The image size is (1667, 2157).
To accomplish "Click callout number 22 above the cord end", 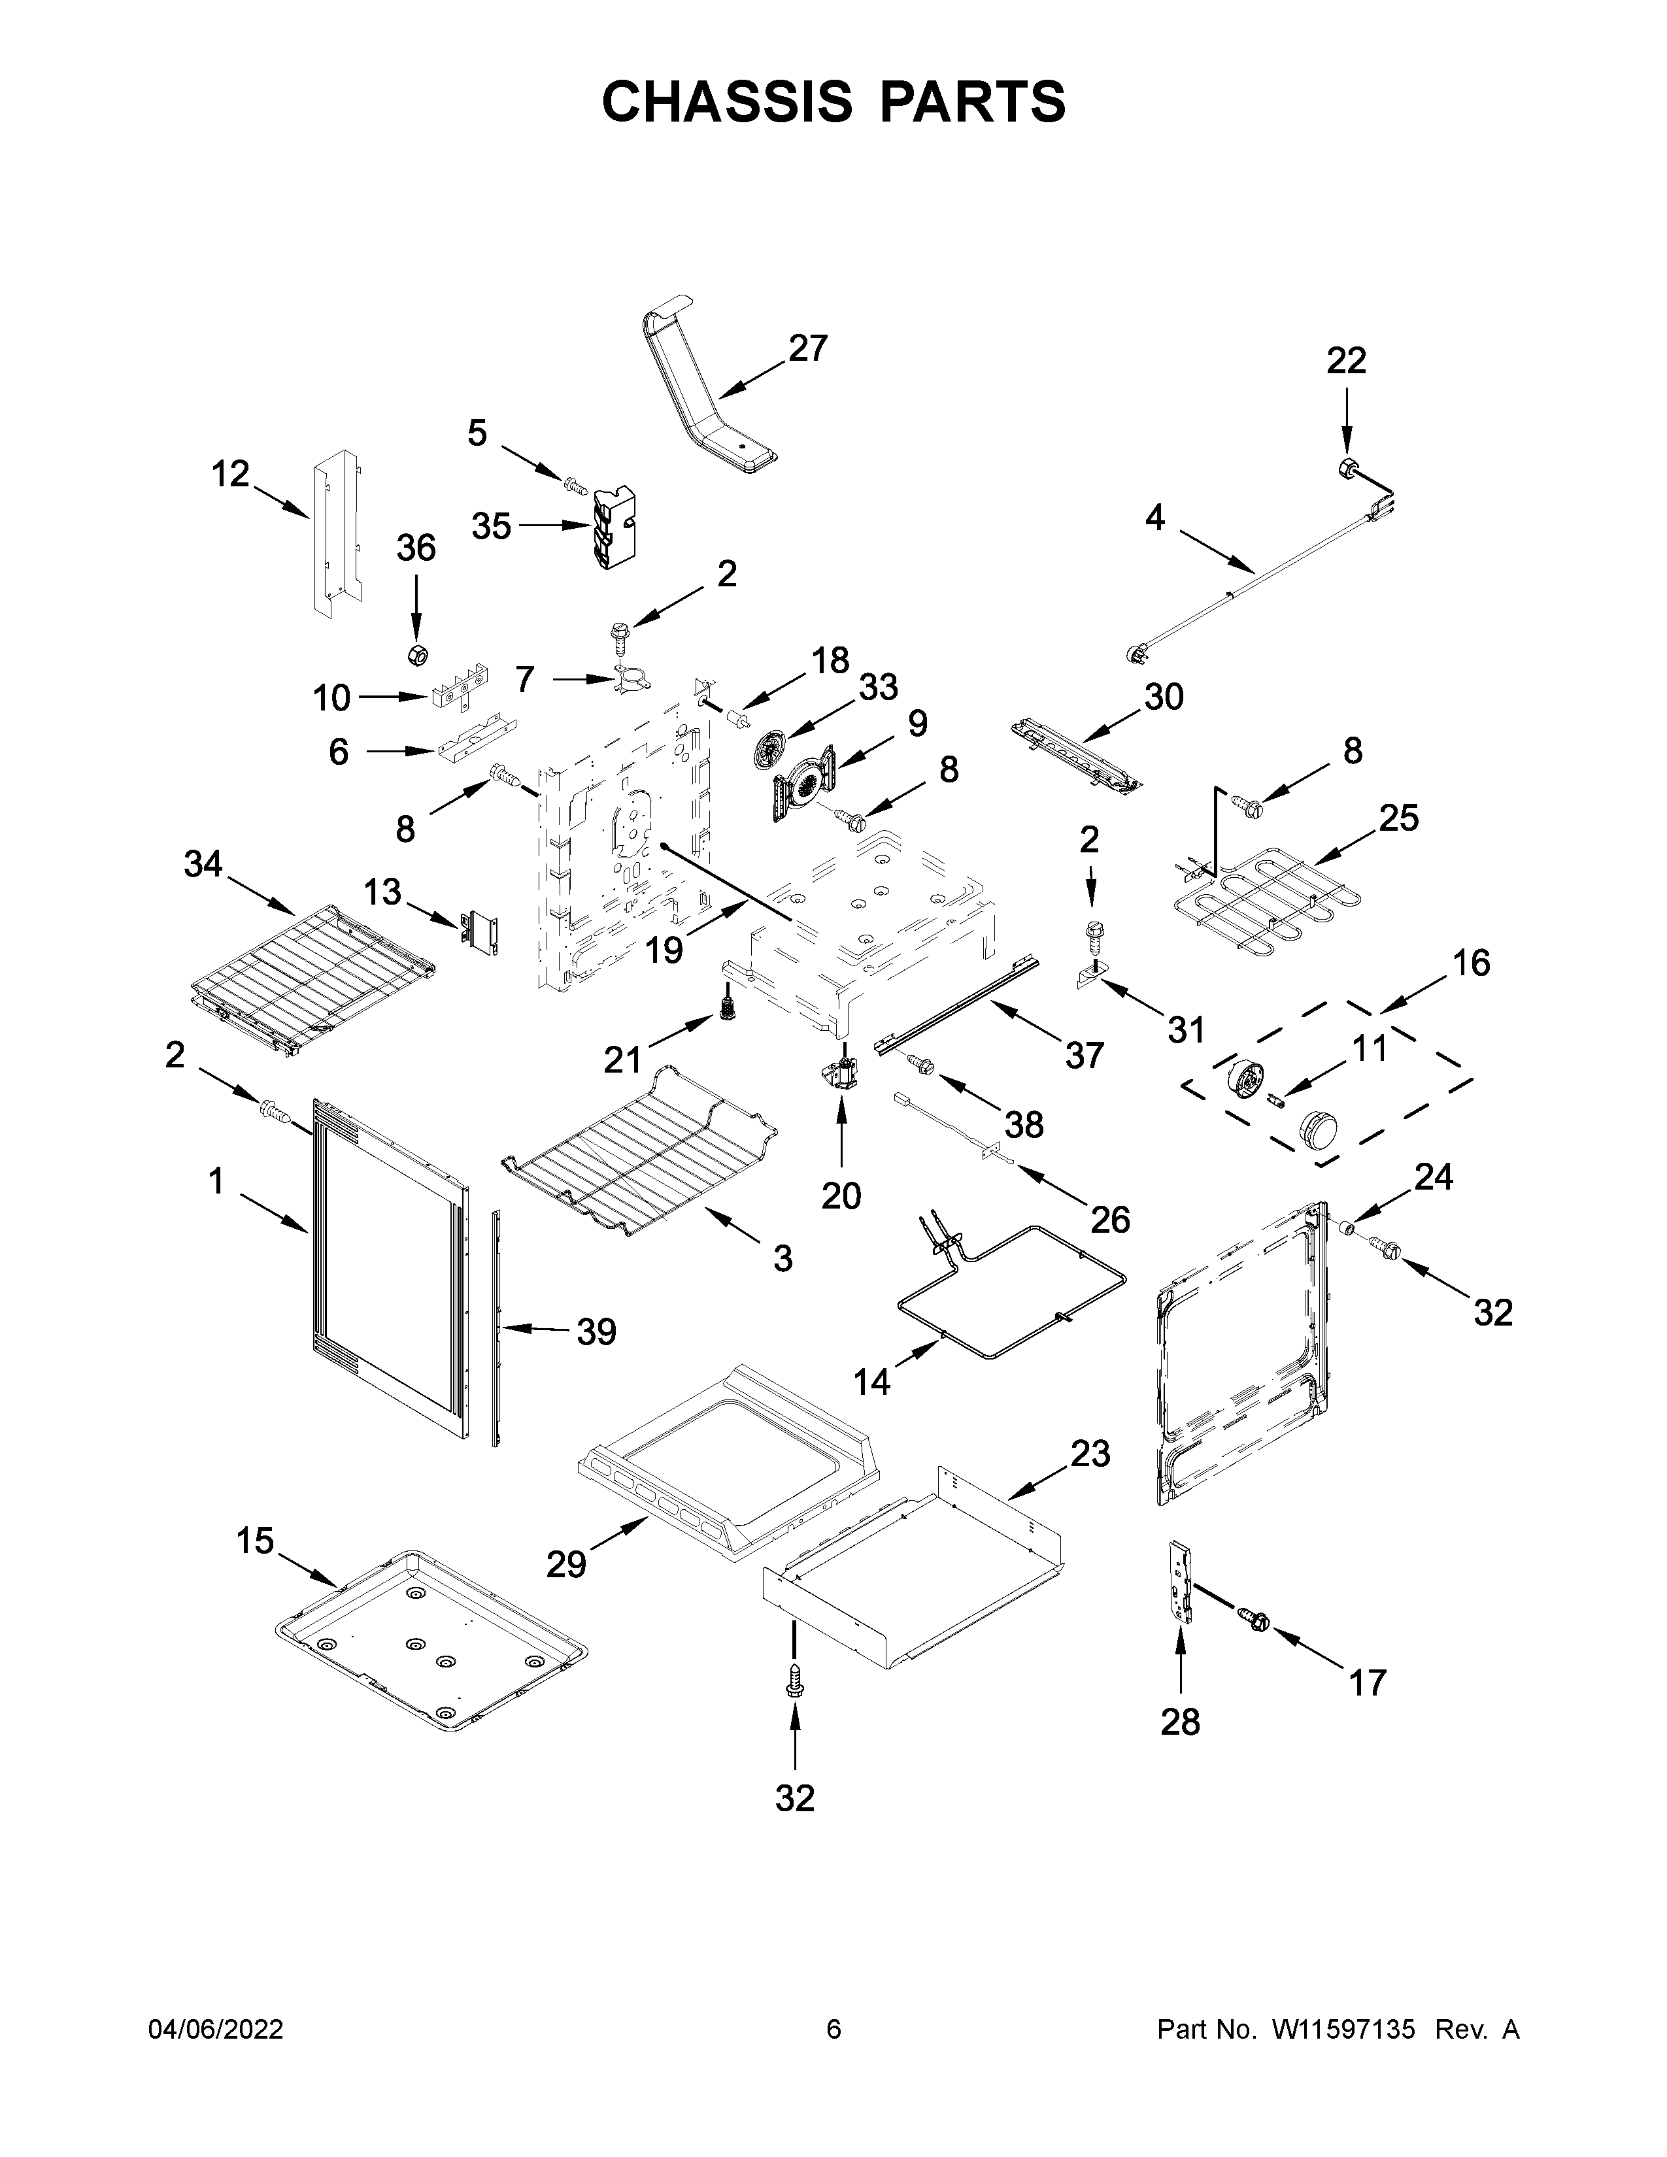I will (1345, 361).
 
